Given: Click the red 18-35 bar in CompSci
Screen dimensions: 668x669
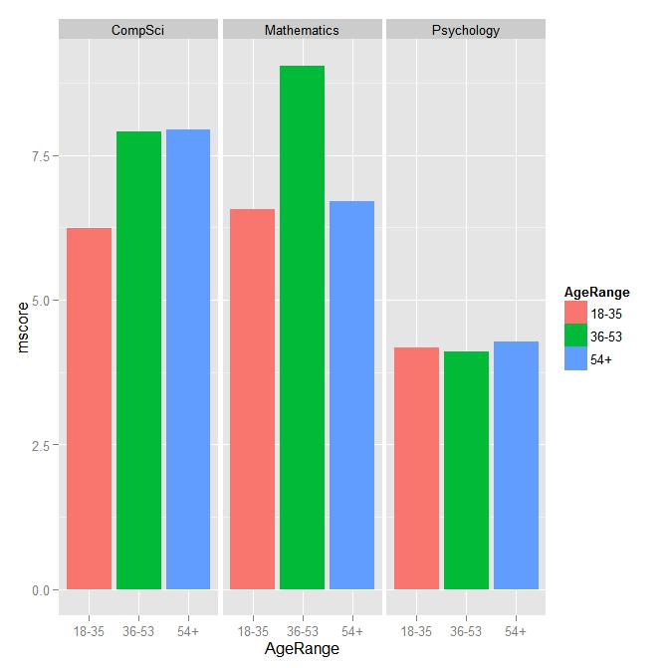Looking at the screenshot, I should [89, 408].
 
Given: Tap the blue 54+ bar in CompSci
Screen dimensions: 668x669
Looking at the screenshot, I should [187, 359].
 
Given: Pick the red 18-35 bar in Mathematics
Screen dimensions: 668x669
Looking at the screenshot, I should [252, 399].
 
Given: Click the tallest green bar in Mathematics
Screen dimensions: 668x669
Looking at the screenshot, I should [302, 328].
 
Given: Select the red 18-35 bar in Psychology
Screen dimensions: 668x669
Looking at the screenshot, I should [416, 468].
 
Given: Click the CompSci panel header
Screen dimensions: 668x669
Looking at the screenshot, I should [138, 30].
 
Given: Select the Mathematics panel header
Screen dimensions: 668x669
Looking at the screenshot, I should [302, 30].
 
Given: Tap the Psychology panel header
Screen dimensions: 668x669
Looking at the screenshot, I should [466, 30].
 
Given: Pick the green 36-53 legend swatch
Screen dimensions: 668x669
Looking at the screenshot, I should [575, 337].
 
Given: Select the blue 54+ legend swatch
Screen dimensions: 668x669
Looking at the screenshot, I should [575, 359].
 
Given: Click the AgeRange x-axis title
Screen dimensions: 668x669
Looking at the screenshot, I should [302, 650].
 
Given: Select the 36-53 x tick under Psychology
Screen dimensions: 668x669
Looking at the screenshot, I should [466, 631].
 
